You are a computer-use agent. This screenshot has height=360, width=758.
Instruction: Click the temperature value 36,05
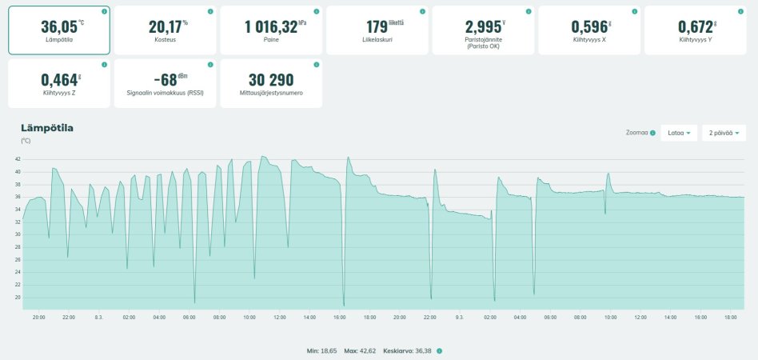click(x=58, y=26)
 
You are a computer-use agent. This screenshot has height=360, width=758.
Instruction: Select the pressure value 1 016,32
click(x=271, y=26)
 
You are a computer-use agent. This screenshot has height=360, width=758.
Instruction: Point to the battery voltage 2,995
click(x=483, y=26)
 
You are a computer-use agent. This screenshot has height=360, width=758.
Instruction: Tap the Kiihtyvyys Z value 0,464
click(x=58, y=79)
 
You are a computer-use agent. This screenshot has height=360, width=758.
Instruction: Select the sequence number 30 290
click(x=271, y=79)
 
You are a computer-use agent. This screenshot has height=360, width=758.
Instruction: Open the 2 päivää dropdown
click(x=723, y=133)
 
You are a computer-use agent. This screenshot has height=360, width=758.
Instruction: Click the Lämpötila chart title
click(x=47, y=128)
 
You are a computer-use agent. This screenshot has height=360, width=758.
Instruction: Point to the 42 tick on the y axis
click(x=18, y=159)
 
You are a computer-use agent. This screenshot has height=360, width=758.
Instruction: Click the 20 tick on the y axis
click(x=18, y=297)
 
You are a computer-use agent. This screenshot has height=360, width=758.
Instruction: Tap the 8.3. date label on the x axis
click(x=98, y=318)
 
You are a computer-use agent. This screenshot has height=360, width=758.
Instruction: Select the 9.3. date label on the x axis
click(x=459, y=318)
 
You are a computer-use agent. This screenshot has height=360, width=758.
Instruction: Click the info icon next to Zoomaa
click(x=653, y=133)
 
